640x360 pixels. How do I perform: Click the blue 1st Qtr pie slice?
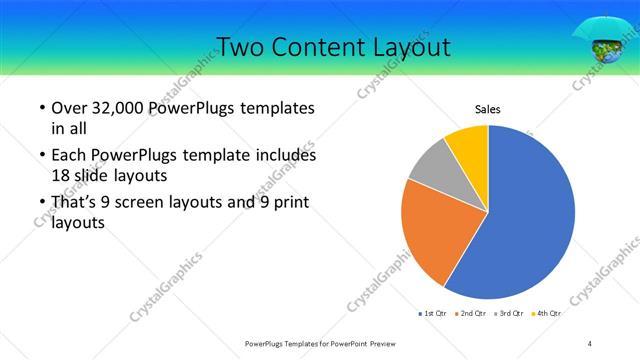pyautogui.click(x=530, y=215)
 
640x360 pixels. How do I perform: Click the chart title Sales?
pyautogui.click(x=487, y=109)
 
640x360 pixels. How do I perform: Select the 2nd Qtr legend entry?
pyautogui.click(x=473, y=314)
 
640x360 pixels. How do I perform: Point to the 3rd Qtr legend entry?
pyautogui.click(x=510, y=314)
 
